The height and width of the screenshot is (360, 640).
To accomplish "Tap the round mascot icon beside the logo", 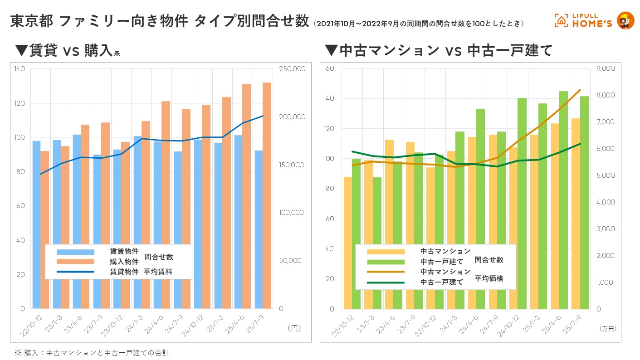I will pyautogui.click(x=626, y=20).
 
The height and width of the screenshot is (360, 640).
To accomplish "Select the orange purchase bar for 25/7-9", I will pyautogui.click(x=267, y=195).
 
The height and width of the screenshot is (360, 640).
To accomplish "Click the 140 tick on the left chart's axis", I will pyautogui.click(x=20, y=69).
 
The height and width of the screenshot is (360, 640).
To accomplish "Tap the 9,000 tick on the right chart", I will pyautogui.click(x=606, y=68).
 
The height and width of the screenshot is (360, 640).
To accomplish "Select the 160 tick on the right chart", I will pyautogui.click(x=329, y=68).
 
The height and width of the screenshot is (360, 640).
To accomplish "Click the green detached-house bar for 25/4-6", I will pyautogui.click(x=563, y=200).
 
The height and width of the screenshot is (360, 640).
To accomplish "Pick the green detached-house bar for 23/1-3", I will pyautogui.click(x=377, y=243).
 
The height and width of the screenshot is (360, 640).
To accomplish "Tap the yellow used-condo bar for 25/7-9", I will pyautogui.click(x=576, y=214).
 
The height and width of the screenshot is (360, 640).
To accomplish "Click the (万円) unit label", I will pyautogui.click(x=607, y=328).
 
